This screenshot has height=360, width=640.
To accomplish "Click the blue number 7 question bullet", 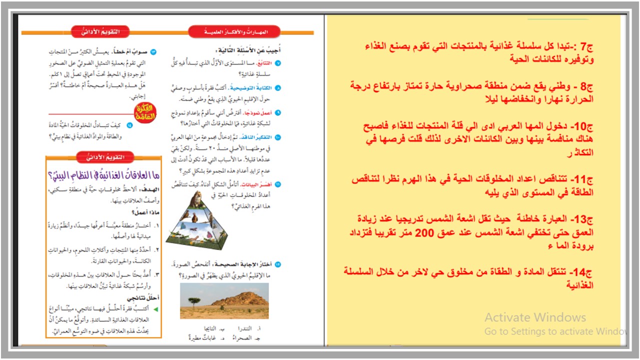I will (278, 63).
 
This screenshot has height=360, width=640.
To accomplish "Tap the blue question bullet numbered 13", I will (153, 52).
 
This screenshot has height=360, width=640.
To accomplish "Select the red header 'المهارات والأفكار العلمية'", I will (228, 32).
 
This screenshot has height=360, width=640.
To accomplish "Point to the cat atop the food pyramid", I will (196, 199).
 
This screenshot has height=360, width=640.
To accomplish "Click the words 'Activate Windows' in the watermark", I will (535, 317).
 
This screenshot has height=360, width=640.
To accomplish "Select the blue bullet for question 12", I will (278, 264).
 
